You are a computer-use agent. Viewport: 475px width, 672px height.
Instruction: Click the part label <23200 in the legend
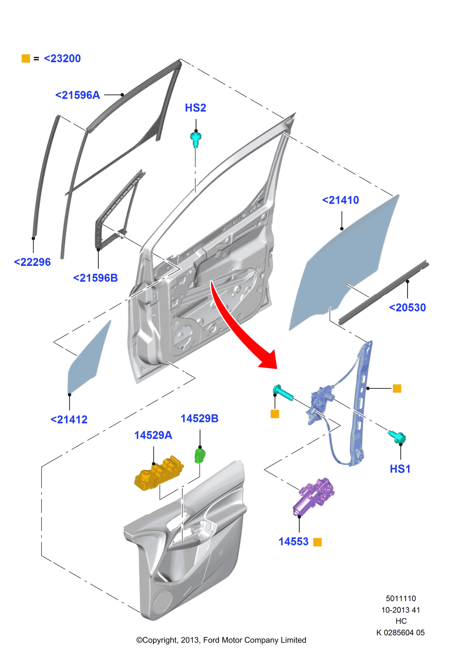point(62,58)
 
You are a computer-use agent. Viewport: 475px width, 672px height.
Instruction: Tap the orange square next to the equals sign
point(26,58)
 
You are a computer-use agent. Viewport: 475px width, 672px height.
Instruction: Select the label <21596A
point(78,95)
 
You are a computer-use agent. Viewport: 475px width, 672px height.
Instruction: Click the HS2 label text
point(195,108)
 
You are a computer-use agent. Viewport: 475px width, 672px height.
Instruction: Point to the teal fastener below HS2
point(196,139)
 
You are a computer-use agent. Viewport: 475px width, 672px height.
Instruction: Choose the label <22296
point(32,262)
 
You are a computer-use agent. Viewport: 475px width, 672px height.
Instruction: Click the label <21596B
point(95,278)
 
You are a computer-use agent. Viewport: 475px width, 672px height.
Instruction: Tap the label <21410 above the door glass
point(340,200)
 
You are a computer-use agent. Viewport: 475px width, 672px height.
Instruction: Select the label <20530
point(407,307)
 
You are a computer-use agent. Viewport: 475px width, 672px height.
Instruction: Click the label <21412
point(69,419)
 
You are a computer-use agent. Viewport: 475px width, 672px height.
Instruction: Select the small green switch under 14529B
point(199,455)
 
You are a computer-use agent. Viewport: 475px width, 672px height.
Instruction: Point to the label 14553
point(293,542)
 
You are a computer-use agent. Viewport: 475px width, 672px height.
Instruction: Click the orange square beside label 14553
point(317,542)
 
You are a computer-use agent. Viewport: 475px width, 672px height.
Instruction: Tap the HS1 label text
point(400,469)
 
